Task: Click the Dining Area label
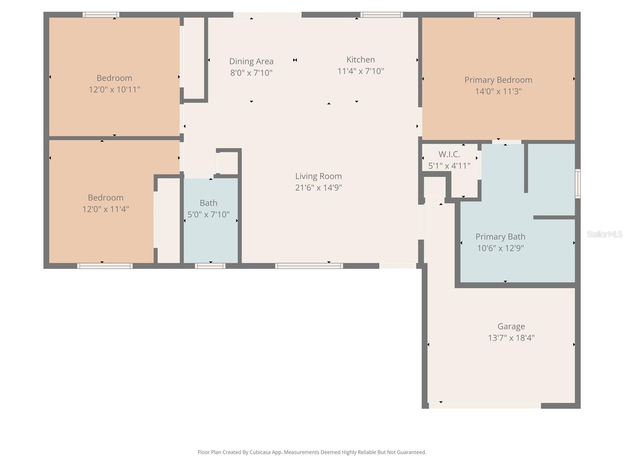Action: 251,61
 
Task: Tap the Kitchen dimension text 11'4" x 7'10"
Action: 360,71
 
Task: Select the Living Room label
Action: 318,176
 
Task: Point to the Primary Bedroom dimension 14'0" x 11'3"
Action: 498,91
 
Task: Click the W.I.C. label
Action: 449,154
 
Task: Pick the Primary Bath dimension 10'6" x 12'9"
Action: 500,248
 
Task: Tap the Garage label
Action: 511,326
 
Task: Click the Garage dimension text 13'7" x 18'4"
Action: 511,338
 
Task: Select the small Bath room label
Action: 208,203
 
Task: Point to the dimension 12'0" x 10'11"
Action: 114,89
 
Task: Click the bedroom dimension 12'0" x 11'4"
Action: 105,209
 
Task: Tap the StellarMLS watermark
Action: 604,234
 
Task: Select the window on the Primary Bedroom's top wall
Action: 503,15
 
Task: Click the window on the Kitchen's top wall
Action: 381,15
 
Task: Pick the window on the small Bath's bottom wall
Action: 210,266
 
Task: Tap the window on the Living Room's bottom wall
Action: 309,266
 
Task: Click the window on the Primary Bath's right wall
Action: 578,183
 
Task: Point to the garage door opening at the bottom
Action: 485,406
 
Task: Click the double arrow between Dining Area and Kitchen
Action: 295,60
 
